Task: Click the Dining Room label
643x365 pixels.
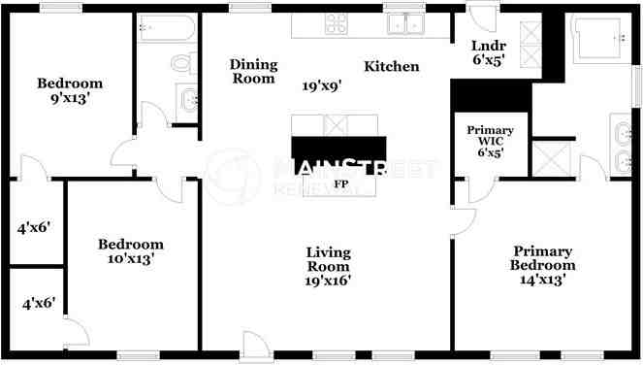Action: click(x=253, y=72)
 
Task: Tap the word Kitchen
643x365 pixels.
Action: click(x=392, y=67)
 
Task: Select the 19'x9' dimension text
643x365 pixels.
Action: click(x=321, y=85)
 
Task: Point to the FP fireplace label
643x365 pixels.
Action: click(x=340, y=182)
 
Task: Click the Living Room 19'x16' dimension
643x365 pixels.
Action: click(x=329, y=281)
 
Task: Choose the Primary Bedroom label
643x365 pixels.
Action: click(x=544, y=257)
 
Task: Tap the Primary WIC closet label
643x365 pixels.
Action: click(x=490, y=141)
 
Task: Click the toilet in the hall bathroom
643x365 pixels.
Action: click(x=181, y=63)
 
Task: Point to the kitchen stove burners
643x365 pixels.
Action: click(x=336, y=23)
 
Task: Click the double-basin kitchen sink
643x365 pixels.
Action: click(x=406, y=24)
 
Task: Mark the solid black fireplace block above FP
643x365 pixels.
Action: click(x=338, y=148)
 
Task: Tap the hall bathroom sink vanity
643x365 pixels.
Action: click(x=186, y=98)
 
